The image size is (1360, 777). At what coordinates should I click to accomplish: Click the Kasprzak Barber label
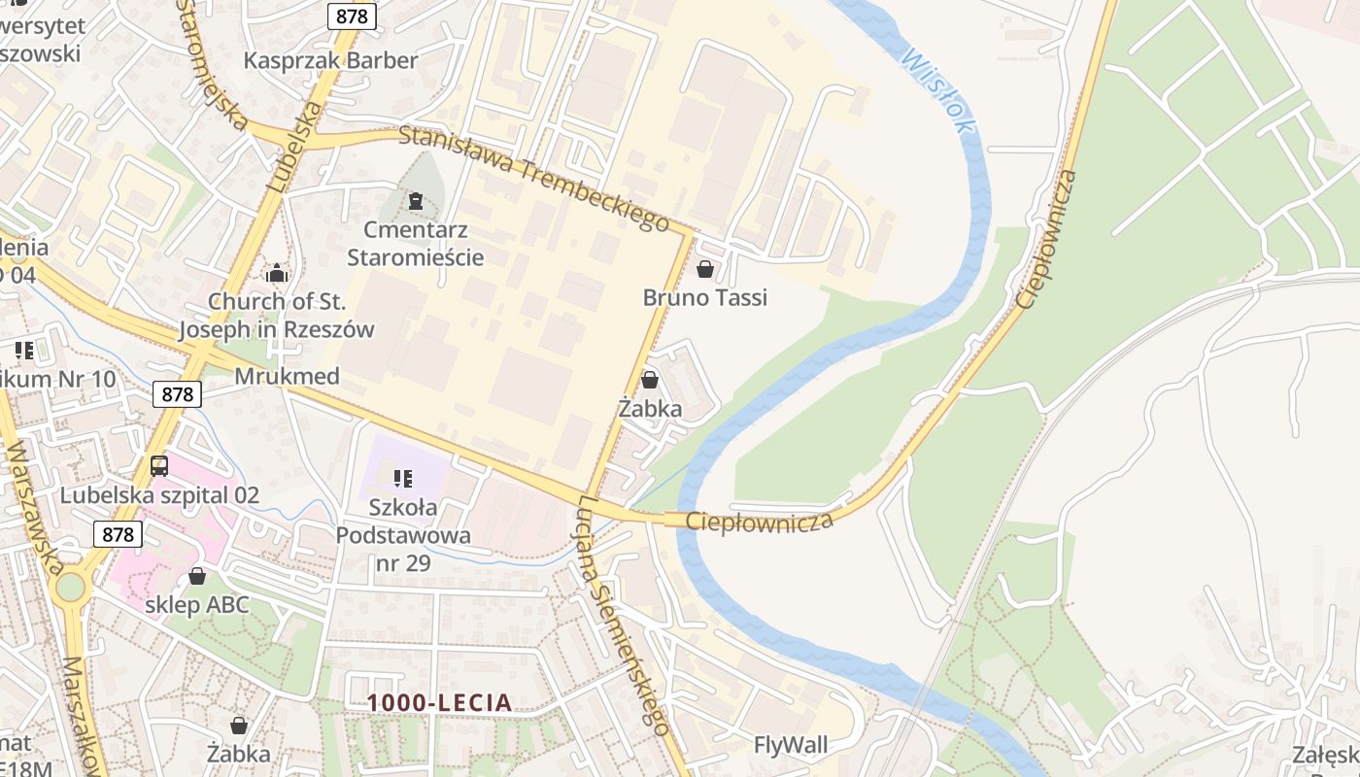point(330,60)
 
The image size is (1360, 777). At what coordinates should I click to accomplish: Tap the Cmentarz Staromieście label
point(416,244)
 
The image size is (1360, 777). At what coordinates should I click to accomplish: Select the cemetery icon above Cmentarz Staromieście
point(416,201)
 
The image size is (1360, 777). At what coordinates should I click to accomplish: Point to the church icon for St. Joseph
point(277,273)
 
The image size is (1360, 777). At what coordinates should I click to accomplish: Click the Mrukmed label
point(288,376)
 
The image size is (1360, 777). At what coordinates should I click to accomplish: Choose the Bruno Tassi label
point(705,297)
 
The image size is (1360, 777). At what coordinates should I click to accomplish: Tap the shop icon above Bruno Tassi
point(705,268)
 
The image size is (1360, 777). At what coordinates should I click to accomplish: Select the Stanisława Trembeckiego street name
point(534,179)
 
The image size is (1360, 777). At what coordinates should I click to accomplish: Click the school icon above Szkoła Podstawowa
point(403,478)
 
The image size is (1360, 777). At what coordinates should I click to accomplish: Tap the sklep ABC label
point(197,605)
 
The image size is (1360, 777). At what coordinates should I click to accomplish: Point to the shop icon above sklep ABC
point(197,576)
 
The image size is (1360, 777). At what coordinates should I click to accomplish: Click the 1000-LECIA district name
point(440,702)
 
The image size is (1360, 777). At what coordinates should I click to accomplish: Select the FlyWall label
point(792,745)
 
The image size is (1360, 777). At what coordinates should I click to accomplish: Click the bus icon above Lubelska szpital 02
point(159,466)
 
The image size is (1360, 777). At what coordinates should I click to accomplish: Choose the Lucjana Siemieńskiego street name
point(623,616)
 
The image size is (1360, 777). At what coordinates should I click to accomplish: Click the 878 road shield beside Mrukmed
point(176,393)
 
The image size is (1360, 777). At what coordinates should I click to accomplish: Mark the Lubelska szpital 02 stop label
point(159,495)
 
